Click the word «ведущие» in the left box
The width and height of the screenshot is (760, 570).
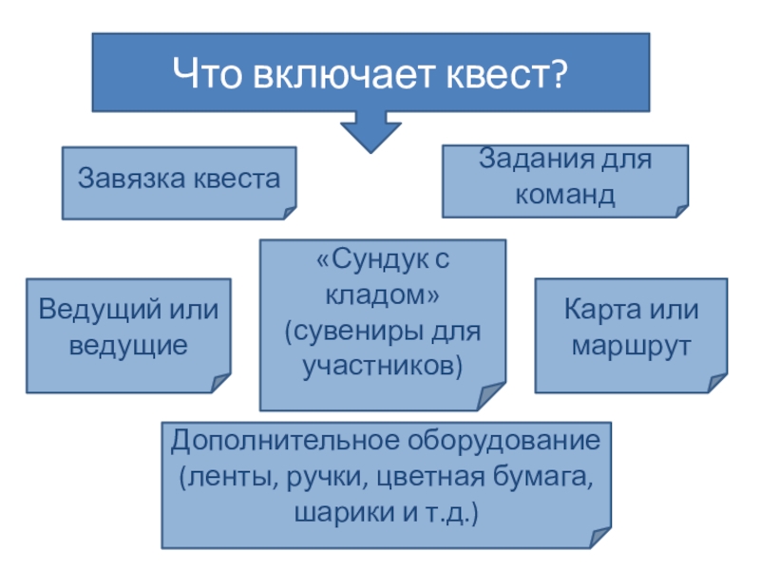128,344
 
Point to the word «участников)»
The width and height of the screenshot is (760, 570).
383,367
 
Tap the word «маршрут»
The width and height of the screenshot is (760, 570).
630,346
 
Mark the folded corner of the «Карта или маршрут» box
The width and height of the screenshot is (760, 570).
716,383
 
